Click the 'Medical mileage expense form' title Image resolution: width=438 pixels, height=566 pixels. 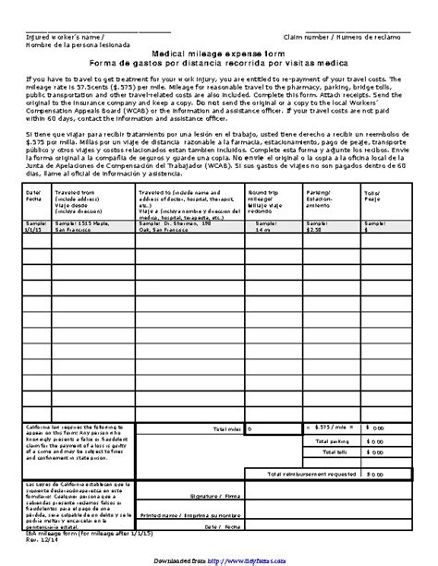[x=218, y=55]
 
